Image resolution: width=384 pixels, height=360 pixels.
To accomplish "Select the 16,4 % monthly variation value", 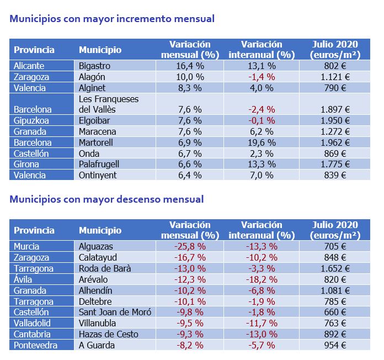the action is click(x=190, y=66).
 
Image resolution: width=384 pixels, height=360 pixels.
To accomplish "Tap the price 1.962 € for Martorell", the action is click(x=335, y=142).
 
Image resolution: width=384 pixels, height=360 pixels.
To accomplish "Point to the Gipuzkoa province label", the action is click(x=31, y=121).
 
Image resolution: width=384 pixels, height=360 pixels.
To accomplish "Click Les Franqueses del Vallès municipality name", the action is click(x=109, y=104).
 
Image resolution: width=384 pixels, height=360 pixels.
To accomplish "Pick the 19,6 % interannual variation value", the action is click(x=262, y=142).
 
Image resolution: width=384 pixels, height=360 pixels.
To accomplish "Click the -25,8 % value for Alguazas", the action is click(x=190, y=246).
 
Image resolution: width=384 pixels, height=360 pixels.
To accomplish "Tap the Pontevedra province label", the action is click(x=35, y=345).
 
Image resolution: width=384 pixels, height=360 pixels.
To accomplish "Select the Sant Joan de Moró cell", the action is click(x=115, y=312).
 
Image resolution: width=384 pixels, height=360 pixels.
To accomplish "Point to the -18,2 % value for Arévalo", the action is click(x=262, y=279).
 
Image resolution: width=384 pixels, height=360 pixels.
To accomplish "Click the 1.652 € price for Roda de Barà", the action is click(x=335, y=268).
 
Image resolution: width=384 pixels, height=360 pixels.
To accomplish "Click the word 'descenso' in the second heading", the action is click(x=138, y=199).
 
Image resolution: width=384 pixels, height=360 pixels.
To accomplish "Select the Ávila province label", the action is click(x=23, y=279).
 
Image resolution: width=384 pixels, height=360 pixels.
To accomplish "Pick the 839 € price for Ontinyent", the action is click(x=335, y=175).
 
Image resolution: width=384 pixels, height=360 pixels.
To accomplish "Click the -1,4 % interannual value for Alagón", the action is click(x=262, y=77).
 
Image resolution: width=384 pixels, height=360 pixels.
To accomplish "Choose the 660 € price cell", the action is click(x=335, y=312).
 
